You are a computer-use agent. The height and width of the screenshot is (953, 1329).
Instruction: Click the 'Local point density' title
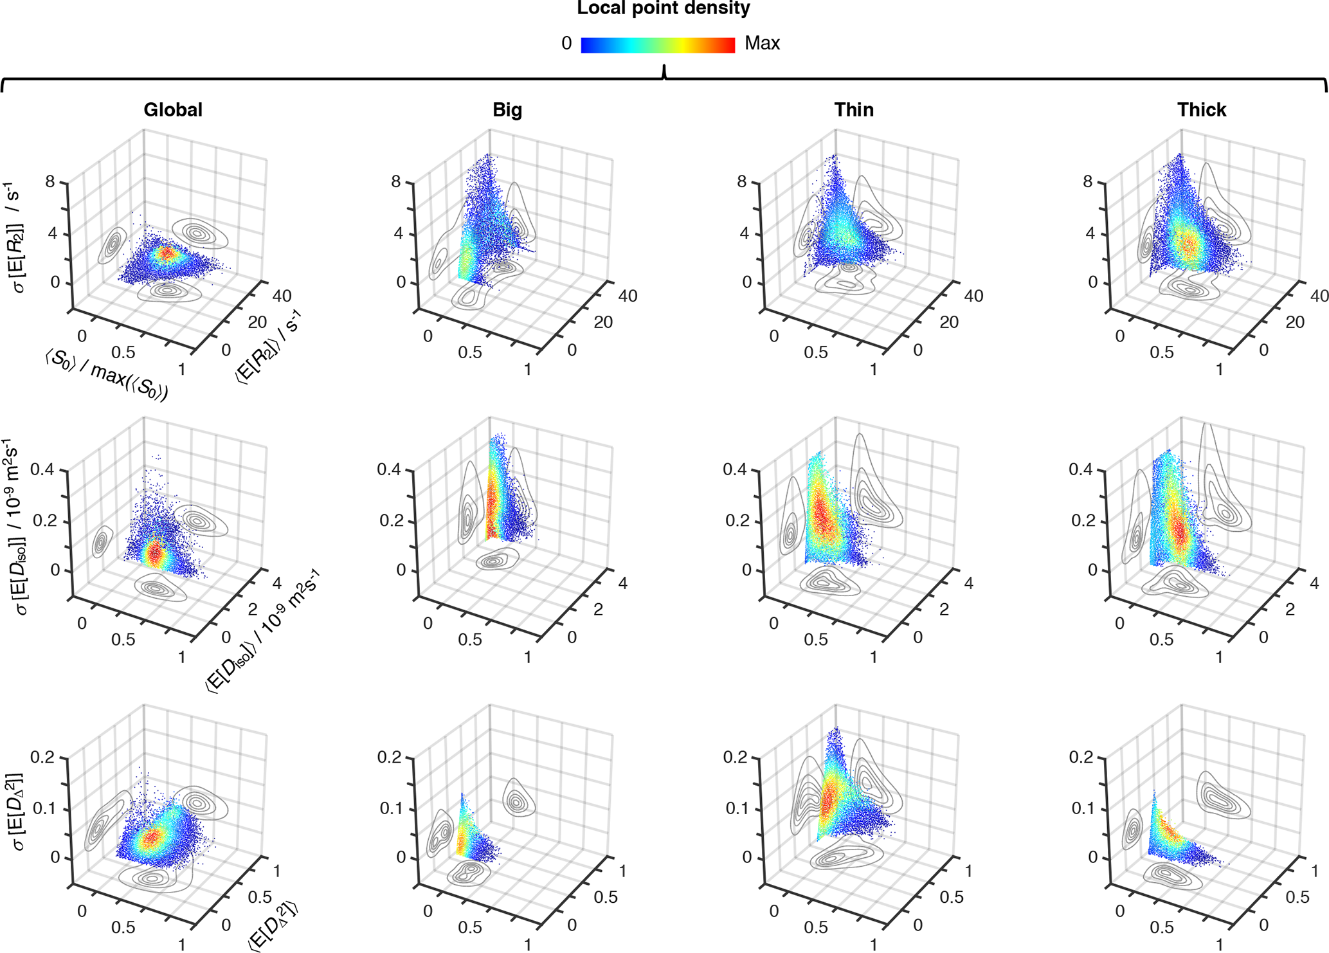click(663, 9)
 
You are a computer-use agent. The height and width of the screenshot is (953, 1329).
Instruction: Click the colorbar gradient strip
click(658, 45)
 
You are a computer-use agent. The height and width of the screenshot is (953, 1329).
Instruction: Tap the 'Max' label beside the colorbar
click(762, 44)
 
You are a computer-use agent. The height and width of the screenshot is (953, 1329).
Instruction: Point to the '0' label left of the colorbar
click(566, 44)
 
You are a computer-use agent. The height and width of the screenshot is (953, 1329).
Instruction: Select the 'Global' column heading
click(173, 110)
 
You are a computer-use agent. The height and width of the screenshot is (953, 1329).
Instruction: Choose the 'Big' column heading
click(507, 110)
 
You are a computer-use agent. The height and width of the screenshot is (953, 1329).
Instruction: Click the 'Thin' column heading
click(854, 110)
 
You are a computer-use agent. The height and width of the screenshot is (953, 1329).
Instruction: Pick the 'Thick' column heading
click(1202, 110)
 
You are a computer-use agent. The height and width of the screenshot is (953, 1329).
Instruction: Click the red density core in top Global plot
click(167, 253)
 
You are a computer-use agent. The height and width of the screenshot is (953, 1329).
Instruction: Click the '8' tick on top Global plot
click(50, 182)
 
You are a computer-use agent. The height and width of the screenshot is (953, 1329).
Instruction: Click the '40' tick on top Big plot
click(628, 296)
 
